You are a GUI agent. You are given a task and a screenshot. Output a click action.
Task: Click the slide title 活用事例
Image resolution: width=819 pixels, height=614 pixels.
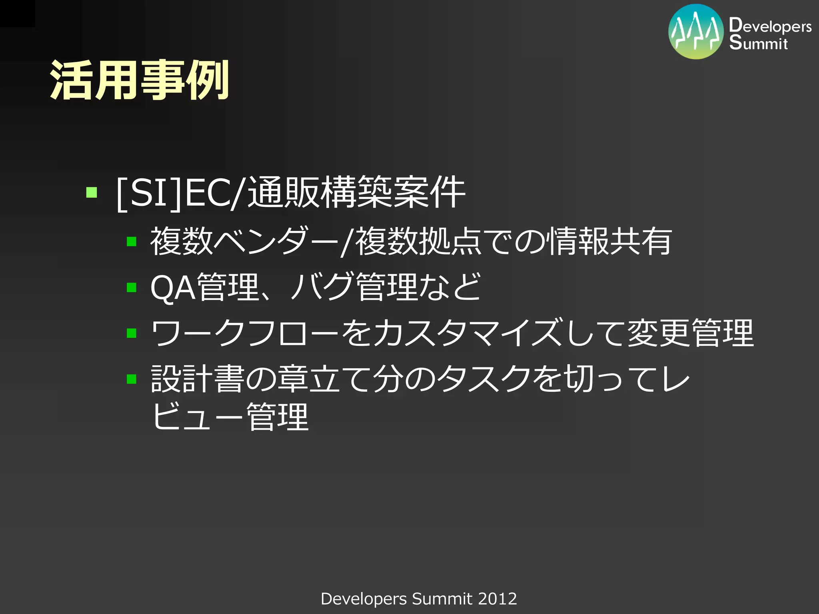[139, 80]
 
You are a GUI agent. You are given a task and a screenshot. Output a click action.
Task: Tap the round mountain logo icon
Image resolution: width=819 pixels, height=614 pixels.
[696, 32]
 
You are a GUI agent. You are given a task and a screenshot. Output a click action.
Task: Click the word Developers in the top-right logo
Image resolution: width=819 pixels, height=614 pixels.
[770, 26]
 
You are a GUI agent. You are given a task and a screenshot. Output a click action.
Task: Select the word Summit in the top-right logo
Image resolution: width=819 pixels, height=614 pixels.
[758, 42]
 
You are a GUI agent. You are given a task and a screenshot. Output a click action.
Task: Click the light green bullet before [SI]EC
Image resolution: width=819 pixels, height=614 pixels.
[92, 193]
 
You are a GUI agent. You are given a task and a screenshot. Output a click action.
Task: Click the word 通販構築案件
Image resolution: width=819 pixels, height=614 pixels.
[356, 193]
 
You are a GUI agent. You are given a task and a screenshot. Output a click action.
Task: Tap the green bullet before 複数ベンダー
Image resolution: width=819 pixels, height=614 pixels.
[132, 241]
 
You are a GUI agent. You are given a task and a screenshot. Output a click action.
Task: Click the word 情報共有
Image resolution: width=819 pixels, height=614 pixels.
[610, 241]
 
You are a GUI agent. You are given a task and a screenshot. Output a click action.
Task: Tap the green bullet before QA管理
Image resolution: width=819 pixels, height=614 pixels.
[132, 287]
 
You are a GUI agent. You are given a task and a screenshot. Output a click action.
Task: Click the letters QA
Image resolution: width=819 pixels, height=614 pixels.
[173, 288]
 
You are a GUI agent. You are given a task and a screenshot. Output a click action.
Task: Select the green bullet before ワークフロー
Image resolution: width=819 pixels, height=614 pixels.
[132, 333]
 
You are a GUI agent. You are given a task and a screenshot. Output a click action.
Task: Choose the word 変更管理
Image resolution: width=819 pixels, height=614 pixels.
[690, 333]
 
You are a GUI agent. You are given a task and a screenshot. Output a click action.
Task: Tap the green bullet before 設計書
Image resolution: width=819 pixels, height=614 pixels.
[132, 379]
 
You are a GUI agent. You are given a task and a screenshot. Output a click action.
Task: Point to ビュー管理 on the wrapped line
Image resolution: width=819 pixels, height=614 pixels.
[230, 417]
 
